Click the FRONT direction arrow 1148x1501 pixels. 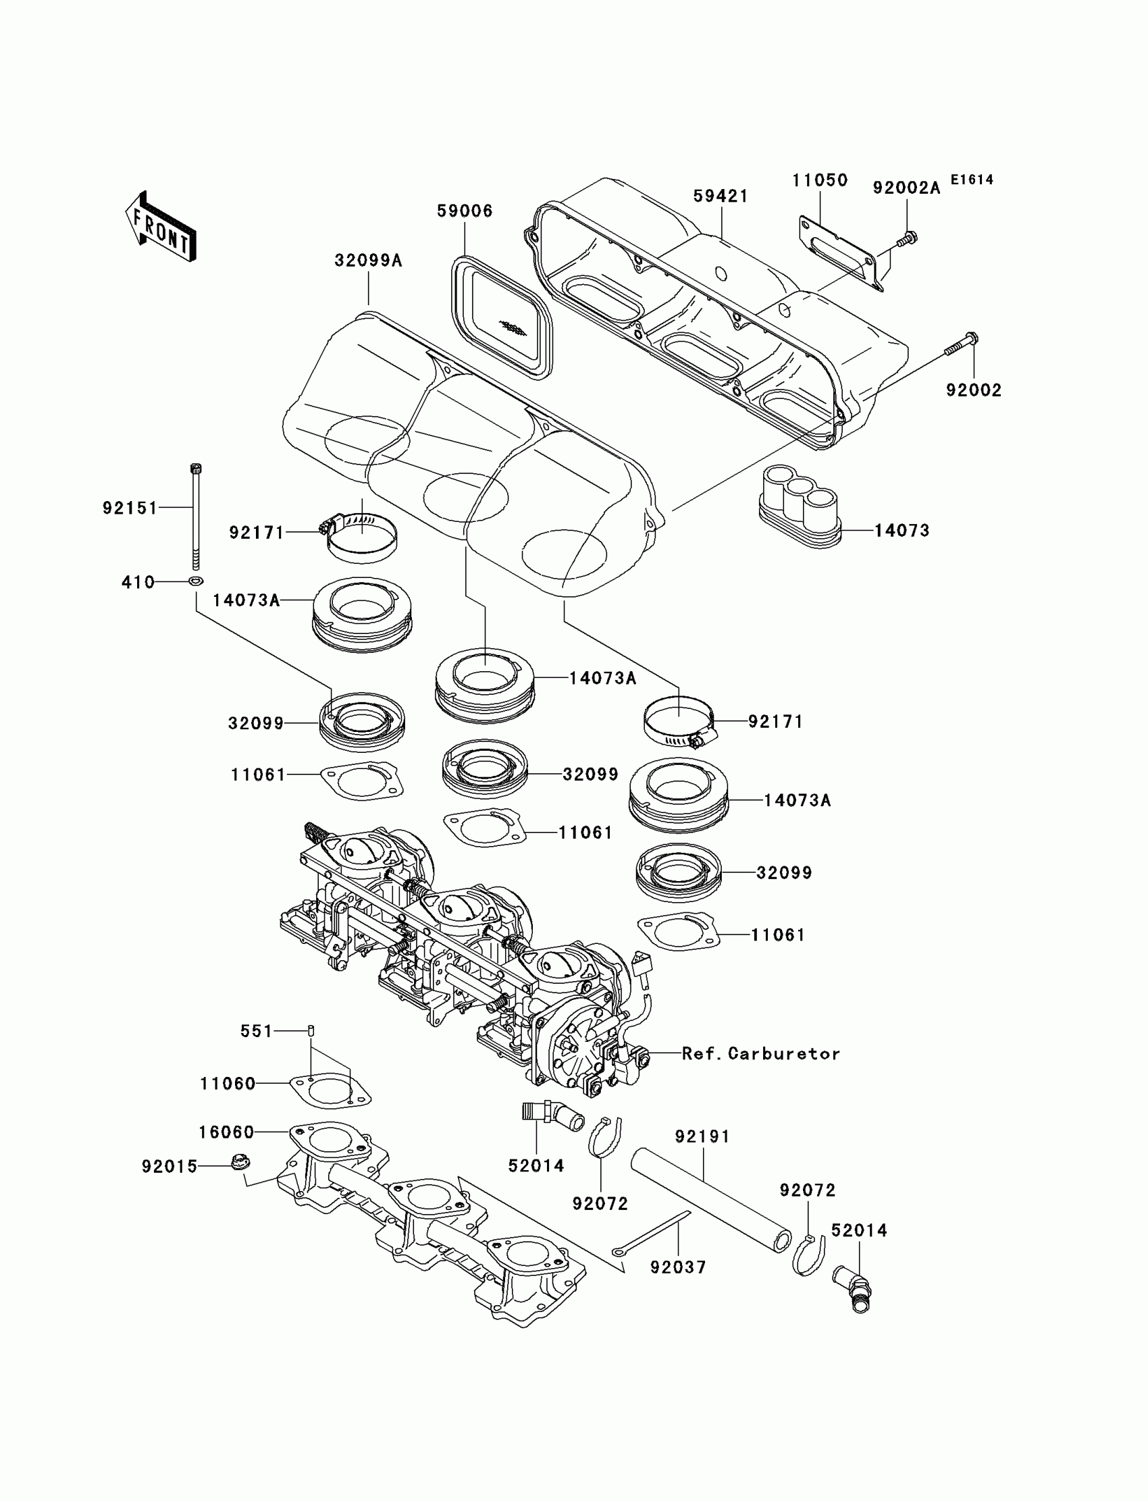tap(161, 228)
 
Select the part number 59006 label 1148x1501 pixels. tap(465, 211)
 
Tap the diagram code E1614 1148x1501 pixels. tap(972, 180)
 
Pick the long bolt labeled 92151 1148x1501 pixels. tap(197, 516)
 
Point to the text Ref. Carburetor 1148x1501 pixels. tap(760, 1053)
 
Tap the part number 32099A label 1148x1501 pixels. tap(368, 261)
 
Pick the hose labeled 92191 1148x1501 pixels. tap(710, 1200)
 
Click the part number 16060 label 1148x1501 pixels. tap(226, 1132)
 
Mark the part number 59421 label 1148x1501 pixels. tap(721, 196)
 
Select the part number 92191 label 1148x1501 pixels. tap(702, 1136)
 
